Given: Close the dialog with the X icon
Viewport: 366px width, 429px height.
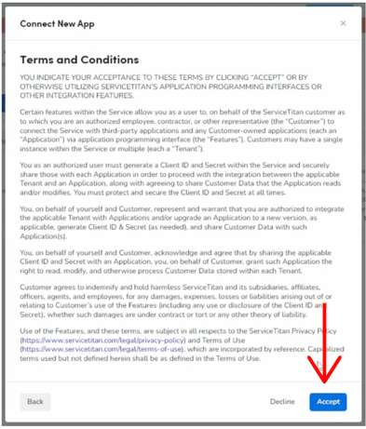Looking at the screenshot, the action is (x=342, y=22).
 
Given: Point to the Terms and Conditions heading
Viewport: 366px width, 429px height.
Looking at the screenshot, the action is (x=79, y=60).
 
